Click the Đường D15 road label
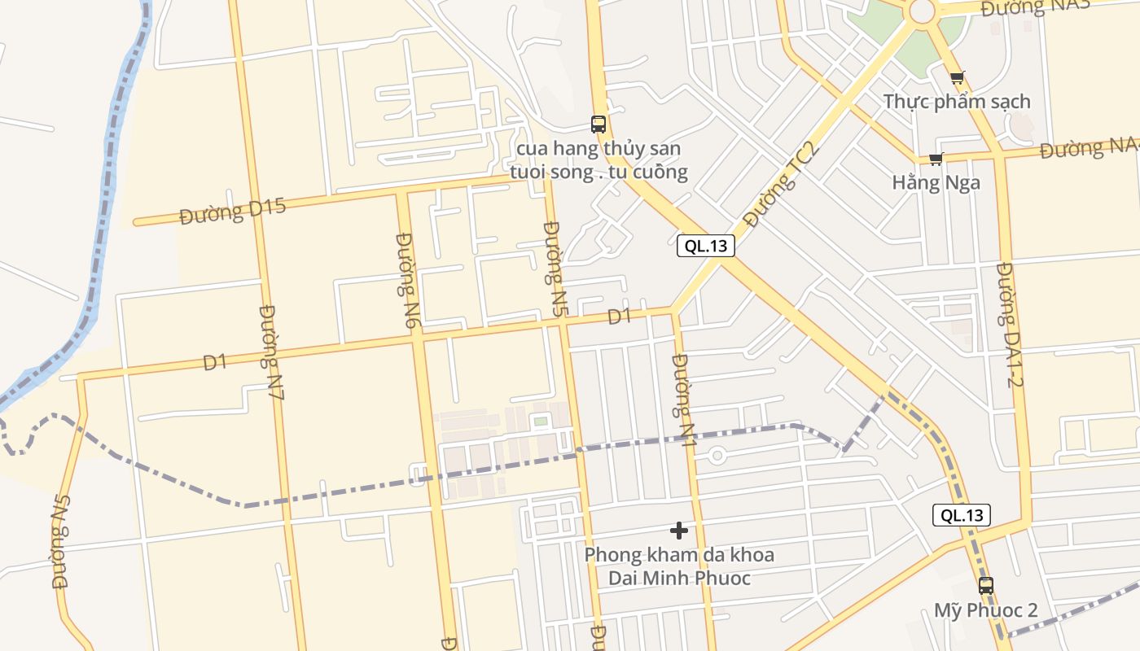click(233, 212)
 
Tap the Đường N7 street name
click(272, 352)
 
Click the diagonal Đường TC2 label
click(778, 186)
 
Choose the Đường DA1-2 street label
click(1009, 324)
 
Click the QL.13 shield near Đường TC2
click(706, 246)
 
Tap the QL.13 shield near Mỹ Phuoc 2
click(962, 514)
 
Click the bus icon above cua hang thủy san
click(598, 125)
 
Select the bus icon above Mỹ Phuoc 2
click(986, 585)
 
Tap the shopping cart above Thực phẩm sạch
click(958, 78)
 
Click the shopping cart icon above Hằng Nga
click(936, 159)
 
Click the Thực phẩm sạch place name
click(957, 102)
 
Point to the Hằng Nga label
click(936, 182)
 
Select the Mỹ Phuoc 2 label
click(985, 609)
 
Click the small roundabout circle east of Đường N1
click(717, 456)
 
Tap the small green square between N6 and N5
click(540, 421)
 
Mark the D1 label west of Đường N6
click(215, 362)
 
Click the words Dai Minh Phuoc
click(679, 578)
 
